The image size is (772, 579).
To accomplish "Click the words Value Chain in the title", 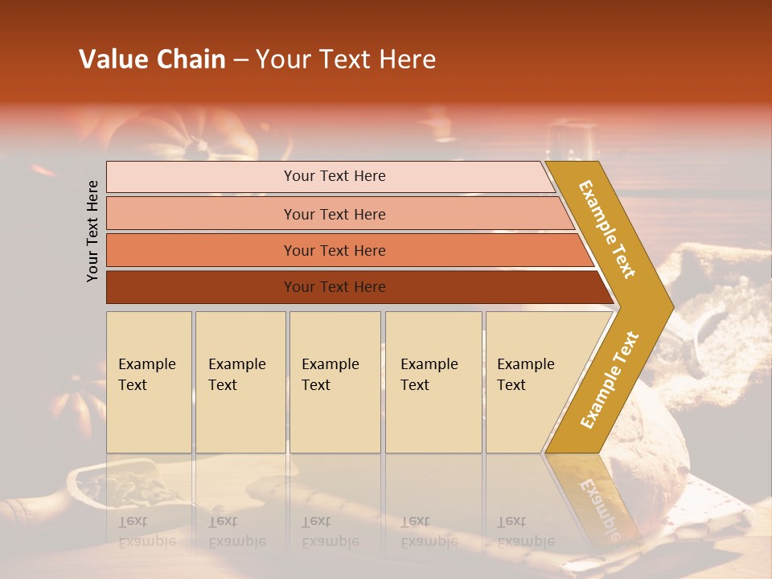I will pos(152,60).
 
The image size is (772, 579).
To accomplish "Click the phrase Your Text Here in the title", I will pos(346,60).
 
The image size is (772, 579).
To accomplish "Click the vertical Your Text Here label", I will pos(92,231).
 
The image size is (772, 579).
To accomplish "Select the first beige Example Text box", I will pos(149,382).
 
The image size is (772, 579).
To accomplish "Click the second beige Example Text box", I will pos(240,382).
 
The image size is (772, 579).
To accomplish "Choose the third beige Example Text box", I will pos(335,382).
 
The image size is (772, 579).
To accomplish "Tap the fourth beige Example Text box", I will pos(433,382).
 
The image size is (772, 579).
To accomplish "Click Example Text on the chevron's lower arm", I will pos(610,380).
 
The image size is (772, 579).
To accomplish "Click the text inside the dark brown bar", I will pos(335,287).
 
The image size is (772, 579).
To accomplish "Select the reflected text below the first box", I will pos(146,531).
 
